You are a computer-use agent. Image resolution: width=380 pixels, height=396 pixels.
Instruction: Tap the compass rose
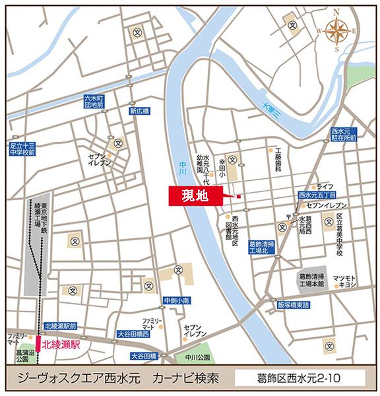coord(337,30)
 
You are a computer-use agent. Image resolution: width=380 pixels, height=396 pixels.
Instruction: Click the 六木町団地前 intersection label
coord(94,101)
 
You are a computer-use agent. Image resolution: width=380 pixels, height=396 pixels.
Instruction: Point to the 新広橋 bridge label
coord(140,112)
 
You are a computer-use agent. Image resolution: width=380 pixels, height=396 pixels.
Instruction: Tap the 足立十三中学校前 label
coord(22,148)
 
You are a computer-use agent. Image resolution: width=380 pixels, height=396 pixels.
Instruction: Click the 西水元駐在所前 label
coord(344,135)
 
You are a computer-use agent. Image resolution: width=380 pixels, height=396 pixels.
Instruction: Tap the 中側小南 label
coord(177,300)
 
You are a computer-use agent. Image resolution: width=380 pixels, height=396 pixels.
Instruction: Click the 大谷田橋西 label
coord(133,334)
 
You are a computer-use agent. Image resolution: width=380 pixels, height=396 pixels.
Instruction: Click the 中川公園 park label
coord(197,357)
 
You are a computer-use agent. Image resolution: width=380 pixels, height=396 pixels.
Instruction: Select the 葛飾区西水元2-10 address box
coord(301,379)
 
